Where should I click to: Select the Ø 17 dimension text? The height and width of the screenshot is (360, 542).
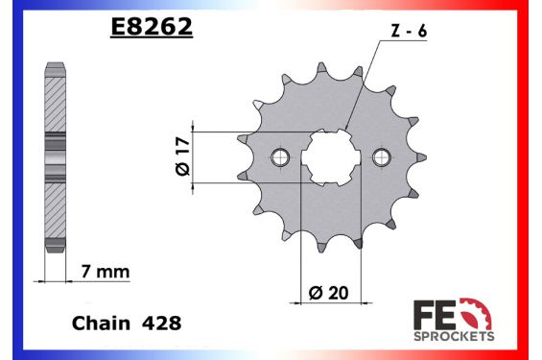(183, 157)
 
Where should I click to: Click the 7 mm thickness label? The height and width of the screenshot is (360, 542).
(106, 273)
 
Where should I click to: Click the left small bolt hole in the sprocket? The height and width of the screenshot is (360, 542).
(281, 157)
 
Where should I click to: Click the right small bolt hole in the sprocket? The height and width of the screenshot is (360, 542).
(383, 157)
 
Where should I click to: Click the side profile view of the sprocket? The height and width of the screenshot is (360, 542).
(56, 157)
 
